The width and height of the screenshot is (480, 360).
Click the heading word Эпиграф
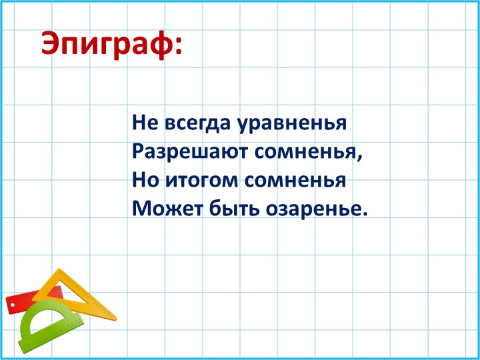click(105, 44)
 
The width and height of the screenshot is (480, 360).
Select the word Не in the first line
click(143, 123)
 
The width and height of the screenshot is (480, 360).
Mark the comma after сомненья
click(362, 158)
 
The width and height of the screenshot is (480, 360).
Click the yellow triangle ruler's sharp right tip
click(115, 318)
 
